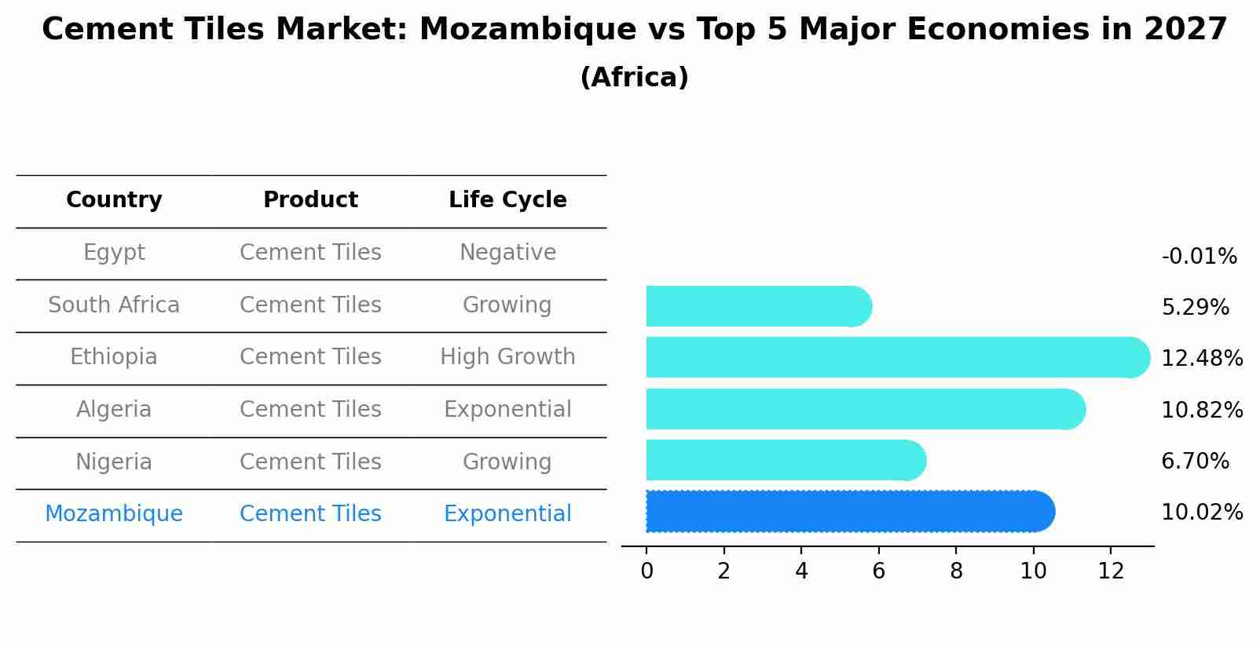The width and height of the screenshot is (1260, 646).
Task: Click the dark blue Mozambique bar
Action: [848, 512]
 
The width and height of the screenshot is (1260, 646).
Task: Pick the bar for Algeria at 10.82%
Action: [864, 409]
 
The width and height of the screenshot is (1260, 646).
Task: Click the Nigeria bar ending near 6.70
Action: [786, 460]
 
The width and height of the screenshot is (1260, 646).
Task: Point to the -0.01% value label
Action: [1199, 257]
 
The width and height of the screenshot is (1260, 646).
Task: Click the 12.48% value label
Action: [1202, 359]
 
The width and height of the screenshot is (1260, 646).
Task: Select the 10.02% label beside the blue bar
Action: [1202, 513]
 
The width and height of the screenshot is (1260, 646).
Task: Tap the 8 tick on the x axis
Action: [956, 571]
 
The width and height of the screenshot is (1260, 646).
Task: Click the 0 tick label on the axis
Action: [646, 571]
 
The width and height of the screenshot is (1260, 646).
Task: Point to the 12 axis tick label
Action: [1111, 571]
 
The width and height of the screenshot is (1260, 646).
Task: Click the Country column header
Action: [114, 200]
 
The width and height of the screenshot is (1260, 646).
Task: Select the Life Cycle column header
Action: [507, 200]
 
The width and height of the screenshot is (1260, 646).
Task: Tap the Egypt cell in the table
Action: [114, 253]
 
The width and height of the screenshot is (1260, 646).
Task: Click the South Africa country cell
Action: [114, 305]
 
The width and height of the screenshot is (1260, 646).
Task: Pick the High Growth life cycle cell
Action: [507, 357]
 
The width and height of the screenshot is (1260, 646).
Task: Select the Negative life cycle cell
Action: [507, 253]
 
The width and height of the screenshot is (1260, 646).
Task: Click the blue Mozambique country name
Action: [114, 514]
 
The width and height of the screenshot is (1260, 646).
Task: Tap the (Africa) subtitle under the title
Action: [634, 78]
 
